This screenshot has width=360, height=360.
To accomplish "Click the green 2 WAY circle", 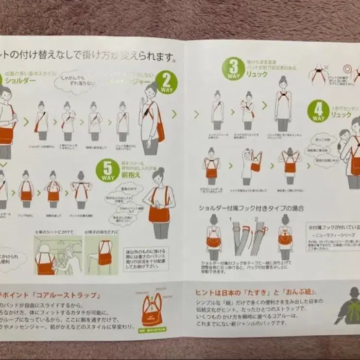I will click(167, 83).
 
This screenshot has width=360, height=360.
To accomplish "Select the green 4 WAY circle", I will click(318, 111).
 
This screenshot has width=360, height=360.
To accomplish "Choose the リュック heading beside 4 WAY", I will click(341, 115).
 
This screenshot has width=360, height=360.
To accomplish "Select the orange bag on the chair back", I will click(104, 254).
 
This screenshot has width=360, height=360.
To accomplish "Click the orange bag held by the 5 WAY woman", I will click(159, 213).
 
